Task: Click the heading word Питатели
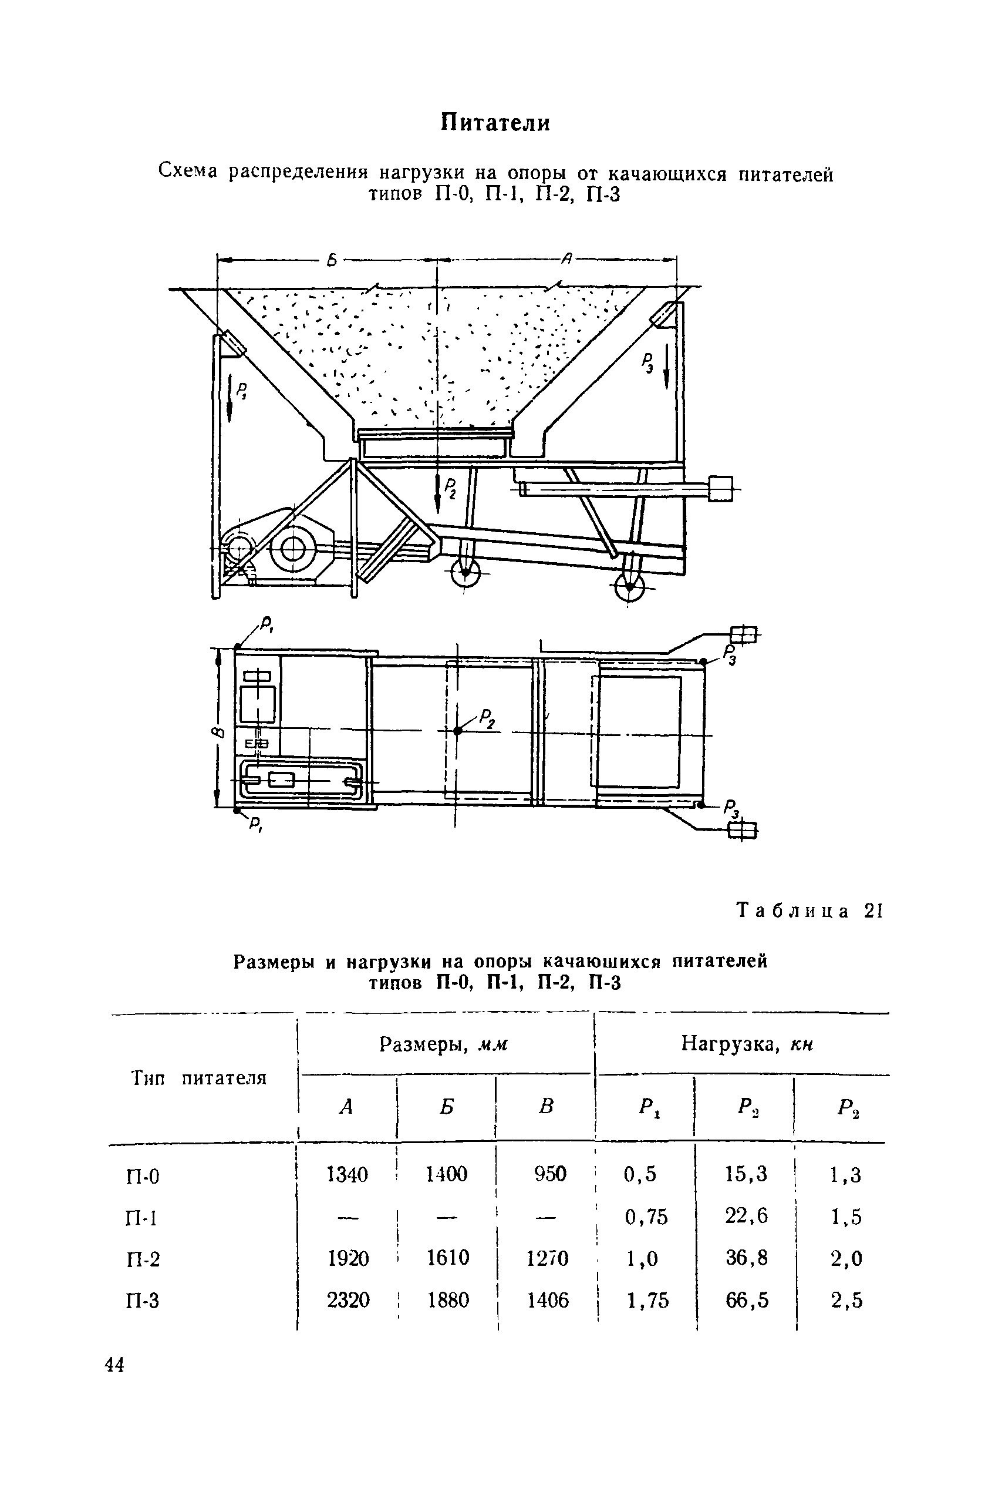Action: click(494, 123)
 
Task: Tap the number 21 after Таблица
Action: click(873, 911)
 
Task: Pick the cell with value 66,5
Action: click(747, 1299)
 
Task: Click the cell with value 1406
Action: click(548, 1299)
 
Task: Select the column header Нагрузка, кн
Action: click(747, 1044)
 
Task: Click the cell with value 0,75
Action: click(646, 1217)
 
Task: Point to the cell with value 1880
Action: click(448, 1299)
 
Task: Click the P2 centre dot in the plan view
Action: click(457, 730)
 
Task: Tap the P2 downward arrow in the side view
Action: click(438, 493)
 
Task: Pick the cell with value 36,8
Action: click(747, 1258)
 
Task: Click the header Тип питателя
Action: click(199, 1079)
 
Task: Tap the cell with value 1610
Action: click(448, 1258)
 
